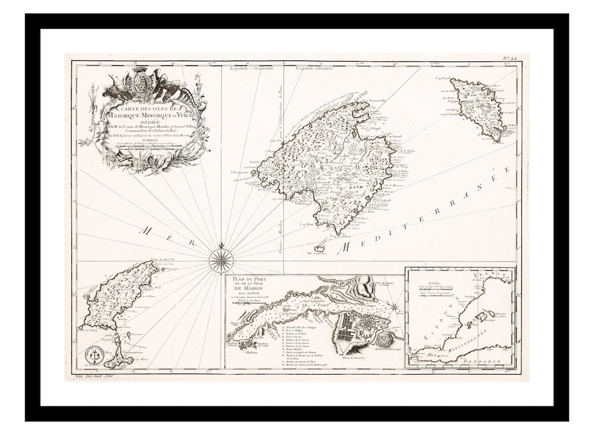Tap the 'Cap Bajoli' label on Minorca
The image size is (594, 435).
coord(443,79)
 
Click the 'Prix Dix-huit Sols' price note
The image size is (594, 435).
coord(96,377)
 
